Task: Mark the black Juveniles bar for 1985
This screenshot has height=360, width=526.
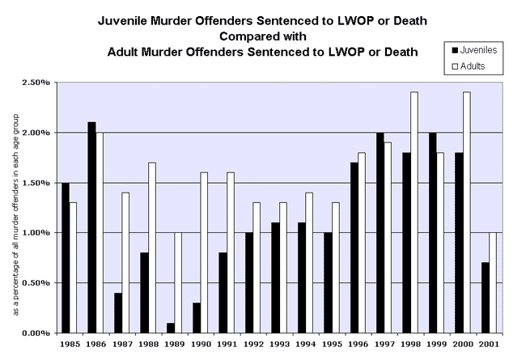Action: pos(66,257)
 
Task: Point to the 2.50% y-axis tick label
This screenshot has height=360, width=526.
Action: pos(37,83)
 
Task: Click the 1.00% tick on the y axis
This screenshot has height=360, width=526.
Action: pos(37,233)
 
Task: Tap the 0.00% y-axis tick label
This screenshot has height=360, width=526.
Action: pos(37,333)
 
